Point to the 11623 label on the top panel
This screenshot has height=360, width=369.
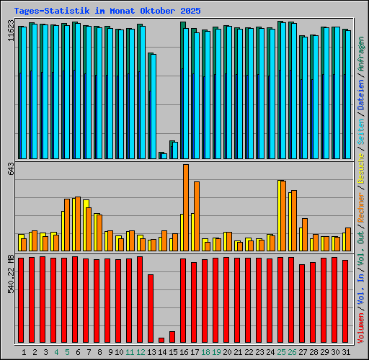[9, 33]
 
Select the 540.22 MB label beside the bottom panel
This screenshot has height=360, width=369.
[9, 274]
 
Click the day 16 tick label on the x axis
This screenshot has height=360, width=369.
[184, 352]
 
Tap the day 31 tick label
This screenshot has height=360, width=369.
[346, 352]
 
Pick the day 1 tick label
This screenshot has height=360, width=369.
[25, 352]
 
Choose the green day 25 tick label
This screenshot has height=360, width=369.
[281, 352]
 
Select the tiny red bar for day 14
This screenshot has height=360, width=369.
[161, 340]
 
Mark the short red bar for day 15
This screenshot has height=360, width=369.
[172, 337]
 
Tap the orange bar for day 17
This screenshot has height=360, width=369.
[197, 216]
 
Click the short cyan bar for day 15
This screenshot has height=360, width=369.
[174, 150]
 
